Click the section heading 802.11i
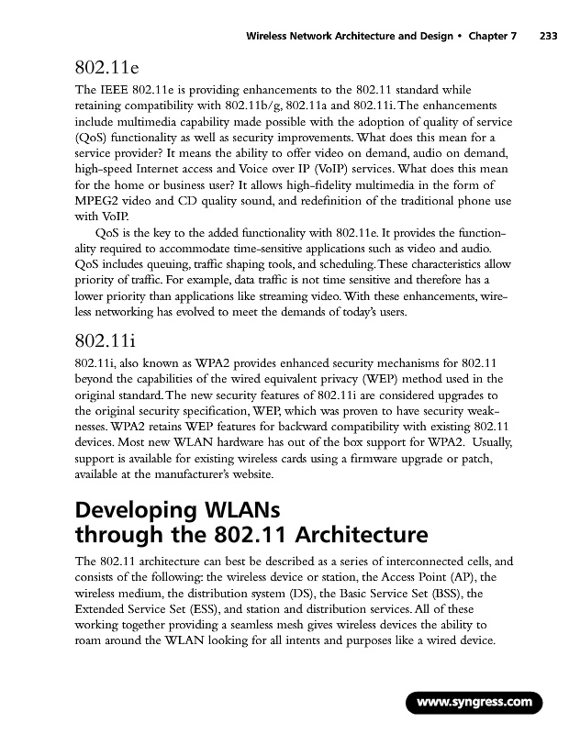(x=106, y=341)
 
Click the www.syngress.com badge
(x=474, y=703)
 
